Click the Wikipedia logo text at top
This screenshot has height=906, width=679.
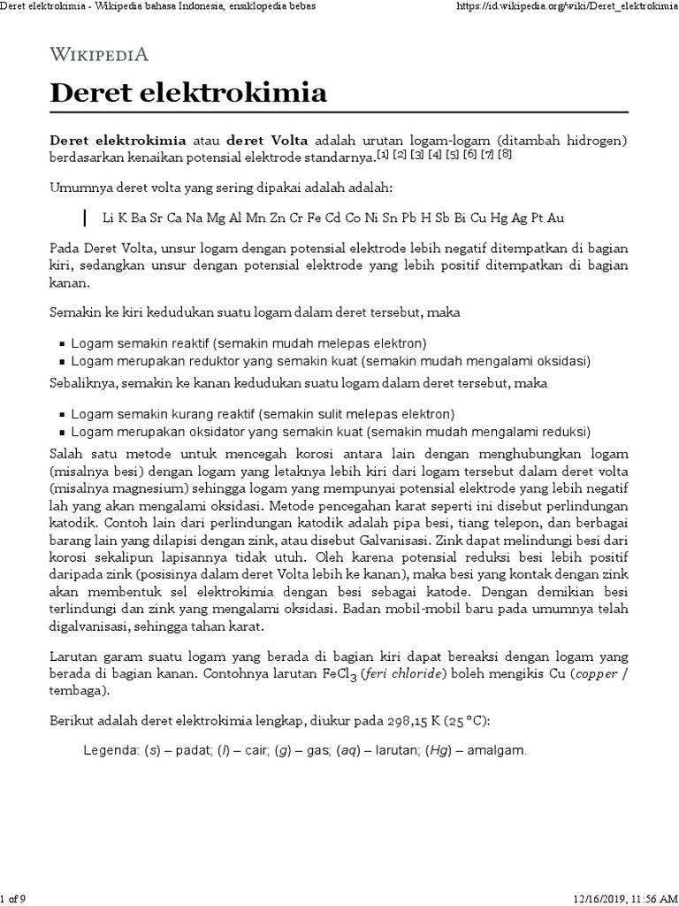pyautogui.click(x=98, y=54)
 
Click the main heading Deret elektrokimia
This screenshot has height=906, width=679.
pyautogui.click(x=187, y=92)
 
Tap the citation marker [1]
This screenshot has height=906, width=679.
pyautogui.click(x=383, y=155)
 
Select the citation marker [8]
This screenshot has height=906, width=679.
pyautogui.click(x=505, y=155)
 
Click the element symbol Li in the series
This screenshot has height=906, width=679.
pyautogui.click(x=108, y=218)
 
